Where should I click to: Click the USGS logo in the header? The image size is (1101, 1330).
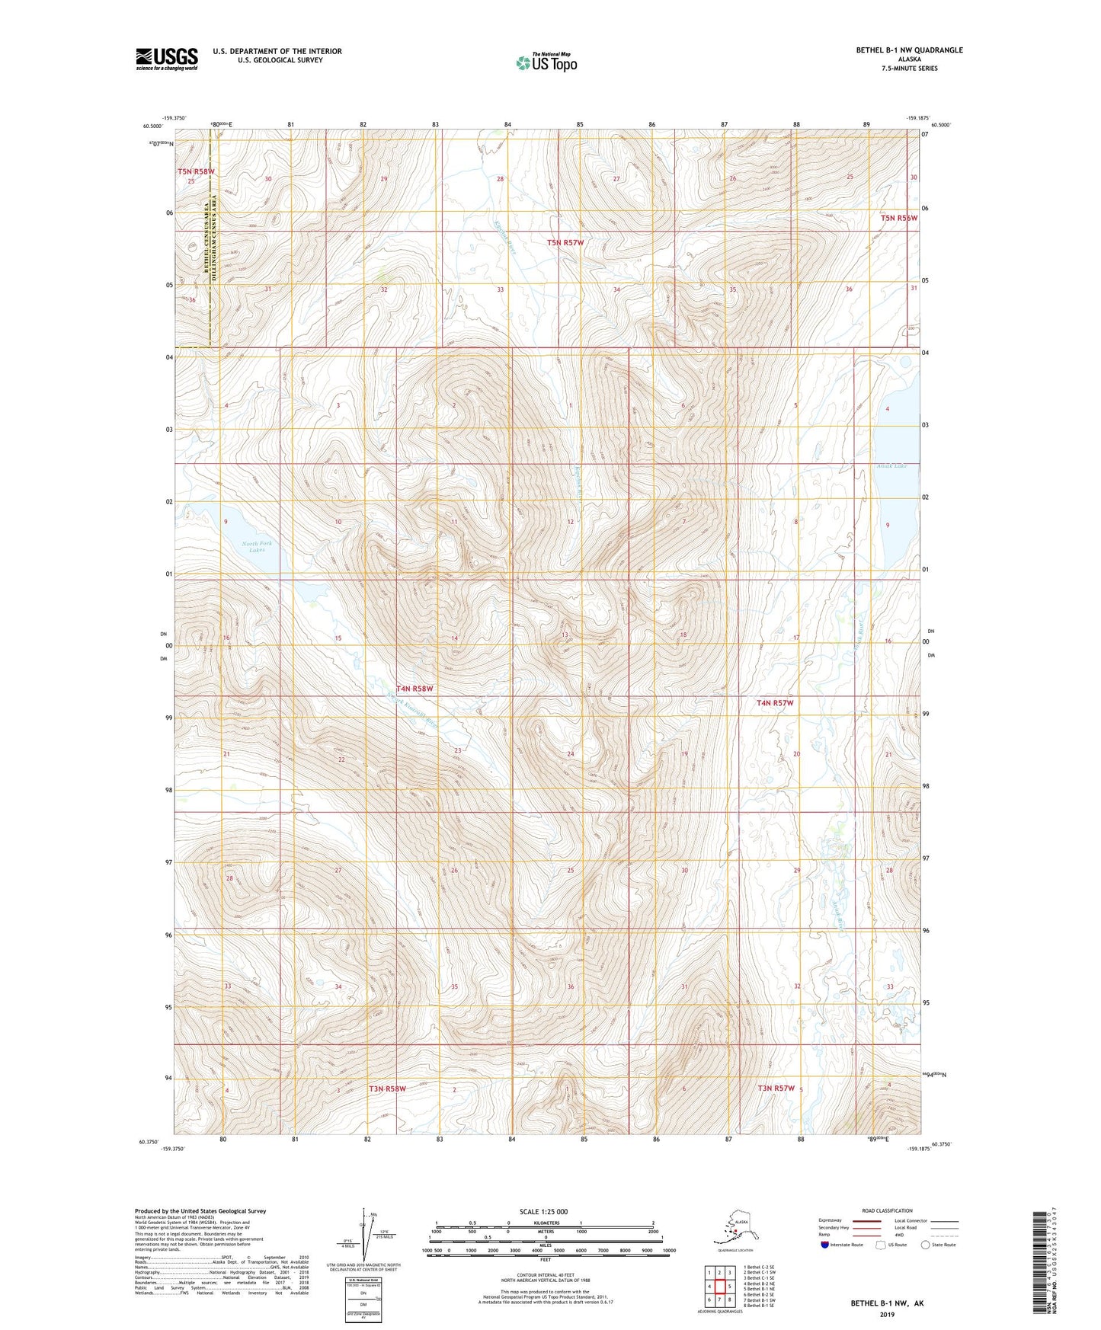pos(166,59)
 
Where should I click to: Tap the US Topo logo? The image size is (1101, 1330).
pos(546,62)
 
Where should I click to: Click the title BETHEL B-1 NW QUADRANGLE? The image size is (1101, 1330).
pos(909,50)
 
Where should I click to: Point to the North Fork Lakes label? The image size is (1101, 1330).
pos(257,546)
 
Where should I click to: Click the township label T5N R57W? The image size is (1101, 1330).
pos(565,243)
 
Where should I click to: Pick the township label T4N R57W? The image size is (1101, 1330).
pos(775,703)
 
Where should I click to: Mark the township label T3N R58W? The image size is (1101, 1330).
pos(387,1089)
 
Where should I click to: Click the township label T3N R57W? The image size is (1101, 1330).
pos(776,1089)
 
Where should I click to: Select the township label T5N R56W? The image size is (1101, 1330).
pos(899,218)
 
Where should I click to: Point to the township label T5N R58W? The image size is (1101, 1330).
pos(196,172)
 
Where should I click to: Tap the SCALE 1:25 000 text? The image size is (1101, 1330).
pos(543,1211)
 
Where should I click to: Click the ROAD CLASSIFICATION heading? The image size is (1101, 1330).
pos(887,1210)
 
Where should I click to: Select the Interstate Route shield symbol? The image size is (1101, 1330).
pos(824,1245)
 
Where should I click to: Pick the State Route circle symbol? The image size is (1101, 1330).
pos(925,1245)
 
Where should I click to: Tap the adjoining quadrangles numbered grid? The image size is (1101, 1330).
pos(719,1287)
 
